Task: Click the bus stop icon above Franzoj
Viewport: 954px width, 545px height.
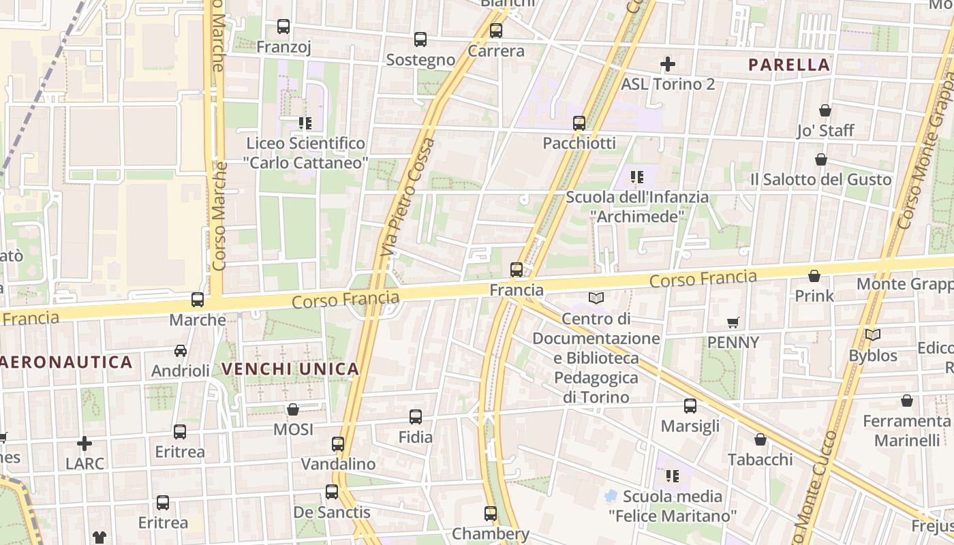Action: [x=283, y=27]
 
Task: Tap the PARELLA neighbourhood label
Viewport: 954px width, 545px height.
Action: [x=789, y=65]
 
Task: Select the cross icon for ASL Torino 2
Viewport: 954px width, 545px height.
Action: [x=668, y=65]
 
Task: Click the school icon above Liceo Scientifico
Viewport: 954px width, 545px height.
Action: [x=305, y=123]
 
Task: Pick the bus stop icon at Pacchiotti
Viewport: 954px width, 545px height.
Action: [x=579, y=123]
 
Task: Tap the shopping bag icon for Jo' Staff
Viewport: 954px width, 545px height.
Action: [x=825, y=110]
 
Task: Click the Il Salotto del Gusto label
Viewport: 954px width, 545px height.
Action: [x=820, y=180]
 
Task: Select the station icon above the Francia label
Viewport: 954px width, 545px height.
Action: [x=517, y=270]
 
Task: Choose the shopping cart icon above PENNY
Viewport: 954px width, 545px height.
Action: [x=733, y=323]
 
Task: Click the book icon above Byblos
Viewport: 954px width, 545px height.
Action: [x=873, y=335]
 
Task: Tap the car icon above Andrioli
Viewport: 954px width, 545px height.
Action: [x=181, y=351]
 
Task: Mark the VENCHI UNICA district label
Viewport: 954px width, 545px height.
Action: [x=290, y=369]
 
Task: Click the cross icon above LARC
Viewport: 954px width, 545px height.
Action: [x=84, y=444]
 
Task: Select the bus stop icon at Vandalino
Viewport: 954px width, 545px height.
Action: [x=338, y=444]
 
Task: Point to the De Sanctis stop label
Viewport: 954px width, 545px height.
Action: [x=332, y=512]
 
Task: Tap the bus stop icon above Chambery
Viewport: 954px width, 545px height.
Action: [x=491, y=514]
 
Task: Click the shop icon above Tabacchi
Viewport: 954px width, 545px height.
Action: [x=760, y=440]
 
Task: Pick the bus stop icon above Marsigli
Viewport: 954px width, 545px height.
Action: [x=690, y=407]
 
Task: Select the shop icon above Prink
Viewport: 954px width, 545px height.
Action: [x=814, y=276]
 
